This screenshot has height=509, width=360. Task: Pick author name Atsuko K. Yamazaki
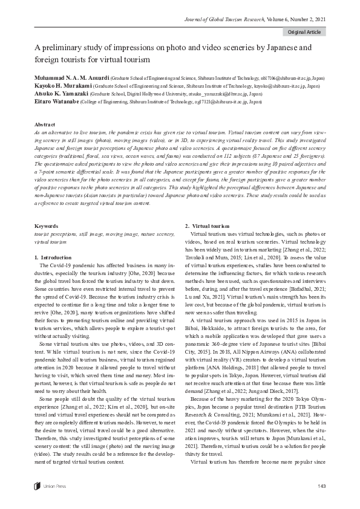(x=58, y=94)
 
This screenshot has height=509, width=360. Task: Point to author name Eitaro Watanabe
(x=53, y=102)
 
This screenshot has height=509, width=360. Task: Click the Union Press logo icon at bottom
(x=38, y=486)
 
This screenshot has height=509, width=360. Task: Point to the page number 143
(x=321, y=486)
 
